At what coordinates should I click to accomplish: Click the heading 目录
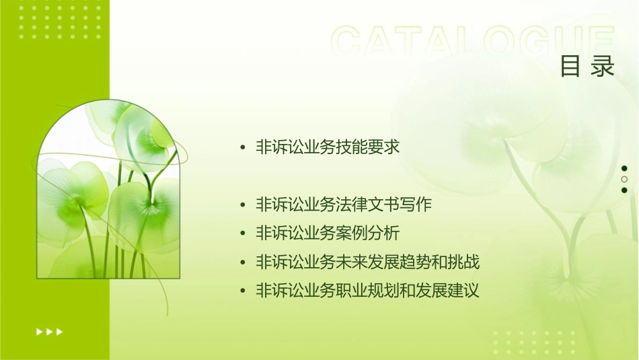pos(587,67)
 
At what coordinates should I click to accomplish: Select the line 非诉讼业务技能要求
pos(328,147)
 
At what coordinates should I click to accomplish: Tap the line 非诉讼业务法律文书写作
pos(343,205)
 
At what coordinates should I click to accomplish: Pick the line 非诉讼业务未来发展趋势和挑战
pos(367,262)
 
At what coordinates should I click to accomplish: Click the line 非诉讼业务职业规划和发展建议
pos(367,291)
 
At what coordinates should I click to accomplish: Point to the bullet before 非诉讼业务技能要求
pos(243,147)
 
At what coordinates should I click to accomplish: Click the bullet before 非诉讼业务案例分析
pos(243,234)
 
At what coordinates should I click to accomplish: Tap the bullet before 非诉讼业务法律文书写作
pos(243,205)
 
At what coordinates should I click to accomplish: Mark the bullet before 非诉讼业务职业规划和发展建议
pos(243,292)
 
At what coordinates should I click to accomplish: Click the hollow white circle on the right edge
pos(624,179)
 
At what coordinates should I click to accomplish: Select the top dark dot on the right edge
pos(624,168)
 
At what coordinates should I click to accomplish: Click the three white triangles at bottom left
pos(50,331)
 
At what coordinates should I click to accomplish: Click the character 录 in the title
pos(603,67)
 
